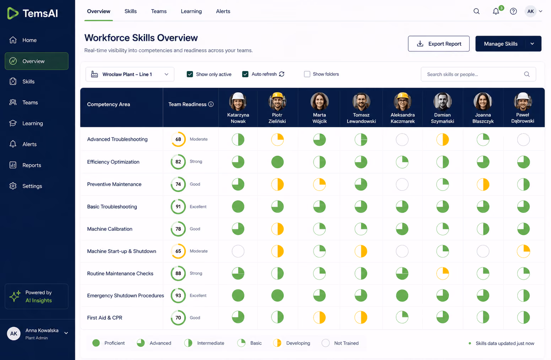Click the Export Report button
(439, 44)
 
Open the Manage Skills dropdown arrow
(532, 44)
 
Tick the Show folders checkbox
(307, 74)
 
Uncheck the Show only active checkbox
(190, 74)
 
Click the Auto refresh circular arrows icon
(282, 74)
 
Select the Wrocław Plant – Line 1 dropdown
(130, 74)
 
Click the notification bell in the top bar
(496, 11)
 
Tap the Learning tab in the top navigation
(191, 11)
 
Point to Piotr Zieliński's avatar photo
(277, 101)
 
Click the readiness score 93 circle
(178, 295)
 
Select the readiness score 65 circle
(178, 251)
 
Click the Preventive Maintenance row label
(114, 184)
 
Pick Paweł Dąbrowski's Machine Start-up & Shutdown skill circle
(523, 251)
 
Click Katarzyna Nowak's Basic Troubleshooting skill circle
(238, 207)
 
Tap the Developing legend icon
(277, 343)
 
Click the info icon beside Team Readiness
(211, 104)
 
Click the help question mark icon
(513, 11)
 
